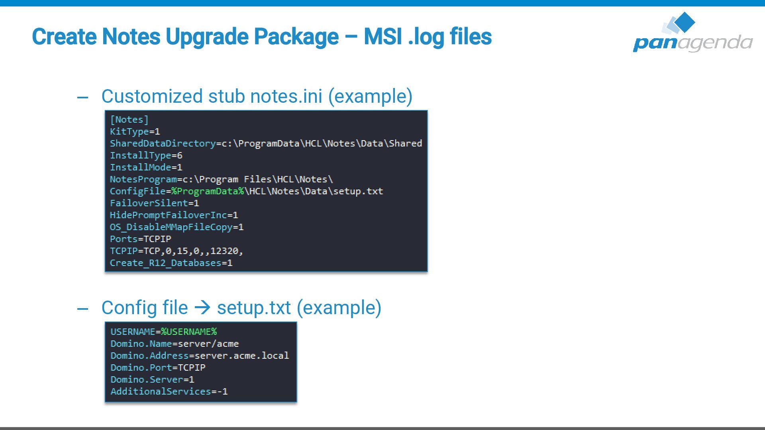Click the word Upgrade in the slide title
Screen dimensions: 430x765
(207, 37)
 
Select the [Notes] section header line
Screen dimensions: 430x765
(129, 119)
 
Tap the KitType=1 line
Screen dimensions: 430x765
(135, 131)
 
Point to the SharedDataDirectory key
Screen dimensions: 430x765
(163, 143)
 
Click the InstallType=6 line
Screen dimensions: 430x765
(146, 155)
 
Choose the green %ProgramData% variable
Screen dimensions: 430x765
(208, 191)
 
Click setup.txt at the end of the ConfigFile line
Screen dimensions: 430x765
(358, 191)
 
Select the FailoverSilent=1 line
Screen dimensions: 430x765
(154, 203)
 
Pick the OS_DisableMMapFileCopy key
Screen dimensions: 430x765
(171, 227)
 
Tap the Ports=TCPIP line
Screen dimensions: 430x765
(140, 239)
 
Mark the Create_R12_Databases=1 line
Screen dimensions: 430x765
(171, 263)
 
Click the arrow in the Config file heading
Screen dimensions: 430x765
(202, 307)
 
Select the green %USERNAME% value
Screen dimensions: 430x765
(189, 332)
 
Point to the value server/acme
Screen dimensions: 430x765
(208, 344)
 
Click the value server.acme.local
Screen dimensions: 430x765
(241, 356)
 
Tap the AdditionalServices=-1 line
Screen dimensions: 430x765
(169, 391)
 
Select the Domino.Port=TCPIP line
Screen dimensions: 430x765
(158, 367)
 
